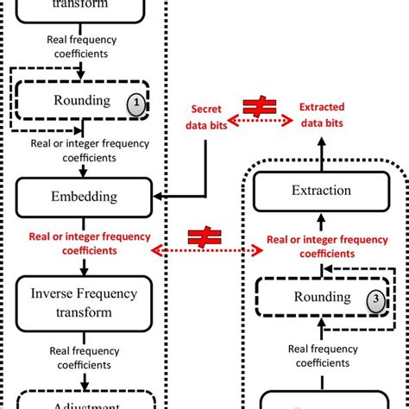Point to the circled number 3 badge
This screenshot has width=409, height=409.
coord(374,299)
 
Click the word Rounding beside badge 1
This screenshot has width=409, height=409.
coord(84,100)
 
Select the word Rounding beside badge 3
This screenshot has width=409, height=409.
coord(324,297)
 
